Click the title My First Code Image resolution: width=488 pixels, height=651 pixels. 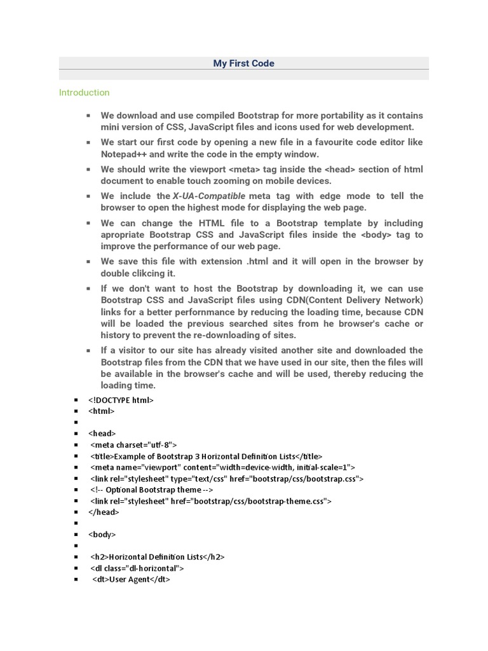click(x=244, y=64)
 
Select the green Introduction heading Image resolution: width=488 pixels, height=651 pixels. click(x=84, y=93)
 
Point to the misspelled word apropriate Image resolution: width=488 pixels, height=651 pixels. click(x=126, y=235)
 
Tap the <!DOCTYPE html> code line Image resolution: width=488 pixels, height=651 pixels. click(x=121, y=401)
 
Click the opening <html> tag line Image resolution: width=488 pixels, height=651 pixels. click(x=102, y=411)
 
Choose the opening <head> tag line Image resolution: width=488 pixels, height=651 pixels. click(x=102, y=434)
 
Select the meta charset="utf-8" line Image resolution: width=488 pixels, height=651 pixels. click(x=134, y=445)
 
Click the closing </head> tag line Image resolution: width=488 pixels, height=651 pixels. click(x=105, y=512)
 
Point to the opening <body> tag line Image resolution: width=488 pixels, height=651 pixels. click(x=102, y=535)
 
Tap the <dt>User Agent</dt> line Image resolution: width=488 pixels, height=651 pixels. click(x=132, y=579)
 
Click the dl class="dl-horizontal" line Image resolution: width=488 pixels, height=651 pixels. click(x=137, y=568)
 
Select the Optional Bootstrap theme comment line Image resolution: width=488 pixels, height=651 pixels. click(x=152, y=490)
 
